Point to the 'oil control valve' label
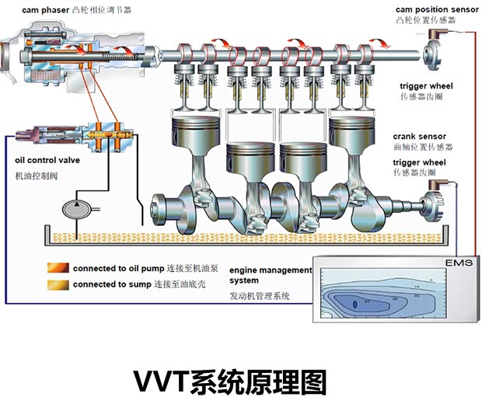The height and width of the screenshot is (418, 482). (47, 161)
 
